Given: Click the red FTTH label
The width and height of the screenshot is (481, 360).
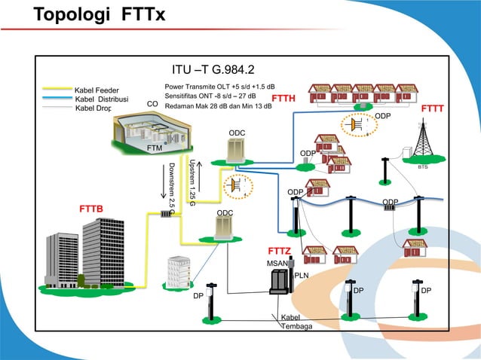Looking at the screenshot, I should click(x=283, y=99).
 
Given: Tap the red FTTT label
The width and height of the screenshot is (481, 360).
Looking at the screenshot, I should click(x=432, y=108).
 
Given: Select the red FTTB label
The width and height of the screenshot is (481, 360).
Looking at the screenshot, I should click(x=91, y=207).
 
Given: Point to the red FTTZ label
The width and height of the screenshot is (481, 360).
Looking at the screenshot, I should click(x=279, y=250).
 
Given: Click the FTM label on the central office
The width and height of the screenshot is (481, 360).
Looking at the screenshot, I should click(x=155, y=148).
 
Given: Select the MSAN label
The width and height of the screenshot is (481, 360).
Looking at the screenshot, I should click(x=276, y=263).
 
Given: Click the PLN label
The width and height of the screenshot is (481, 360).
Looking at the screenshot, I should click(x=302, y=275).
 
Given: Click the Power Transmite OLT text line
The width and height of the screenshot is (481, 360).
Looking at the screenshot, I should click(x=219, y=87).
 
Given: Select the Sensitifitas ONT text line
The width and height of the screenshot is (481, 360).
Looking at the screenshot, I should click(x=210, y=96).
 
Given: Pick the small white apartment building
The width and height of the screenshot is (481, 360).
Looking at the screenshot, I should click(x=179, y=270).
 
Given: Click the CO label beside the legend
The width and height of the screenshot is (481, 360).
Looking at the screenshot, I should click(x=152, y=105).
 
